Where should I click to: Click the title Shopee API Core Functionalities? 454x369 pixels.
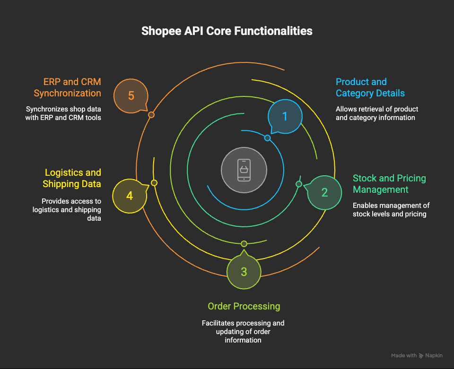(227, 31)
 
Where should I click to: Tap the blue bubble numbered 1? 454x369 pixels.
(285, 116)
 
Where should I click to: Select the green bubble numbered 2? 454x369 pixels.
(324, 192)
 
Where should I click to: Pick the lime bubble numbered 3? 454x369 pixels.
(244, 272)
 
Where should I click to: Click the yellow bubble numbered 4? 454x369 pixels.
(129, 196)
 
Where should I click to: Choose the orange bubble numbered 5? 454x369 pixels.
(131, 96)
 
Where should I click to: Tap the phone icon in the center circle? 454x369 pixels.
(244, 170)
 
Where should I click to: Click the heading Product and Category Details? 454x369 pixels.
(370, 87)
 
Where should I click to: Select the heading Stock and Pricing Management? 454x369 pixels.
(389, 184)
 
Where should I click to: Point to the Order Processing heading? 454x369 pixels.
(244, 306)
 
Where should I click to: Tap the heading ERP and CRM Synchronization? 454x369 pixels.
(67, 87)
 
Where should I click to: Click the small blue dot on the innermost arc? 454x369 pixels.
(267, 138)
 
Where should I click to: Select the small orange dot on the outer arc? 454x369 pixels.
(151, 115)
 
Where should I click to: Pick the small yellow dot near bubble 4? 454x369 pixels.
(154, 183)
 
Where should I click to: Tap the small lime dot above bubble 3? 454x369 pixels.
(244, 244)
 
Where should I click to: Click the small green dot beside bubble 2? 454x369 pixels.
(299, 184)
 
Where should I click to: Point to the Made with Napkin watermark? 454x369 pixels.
(417, 355)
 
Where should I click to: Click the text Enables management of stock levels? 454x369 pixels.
(391, 210)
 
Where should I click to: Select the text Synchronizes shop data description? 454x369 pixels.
(63, 113)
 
